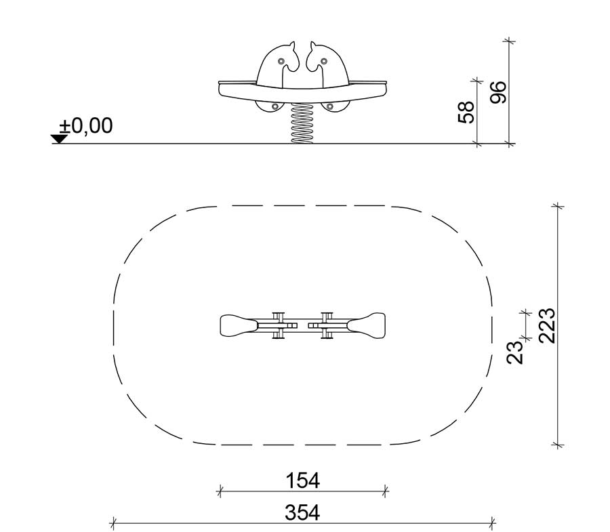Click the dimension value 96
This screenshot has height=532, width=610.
[x=498, y=93]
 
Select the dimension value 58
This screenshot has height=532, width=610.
[x=466, y=112]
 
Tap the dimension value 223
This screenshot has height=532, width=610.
[x=547, y=325]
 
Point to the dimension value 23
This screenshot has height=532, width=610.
[x=515, y=352]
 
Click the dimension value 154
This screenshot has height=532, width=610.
[x=303, y=480]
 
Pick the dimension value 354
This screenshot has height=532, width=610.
[x=302, y=512]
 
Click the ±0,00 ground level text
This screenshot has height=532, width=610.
[x=86, y=126]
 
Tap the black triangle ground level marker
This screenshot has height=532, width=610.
[x=59, y=139]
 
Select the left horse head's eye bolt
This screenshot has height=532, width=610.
[x=281, y=61]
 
